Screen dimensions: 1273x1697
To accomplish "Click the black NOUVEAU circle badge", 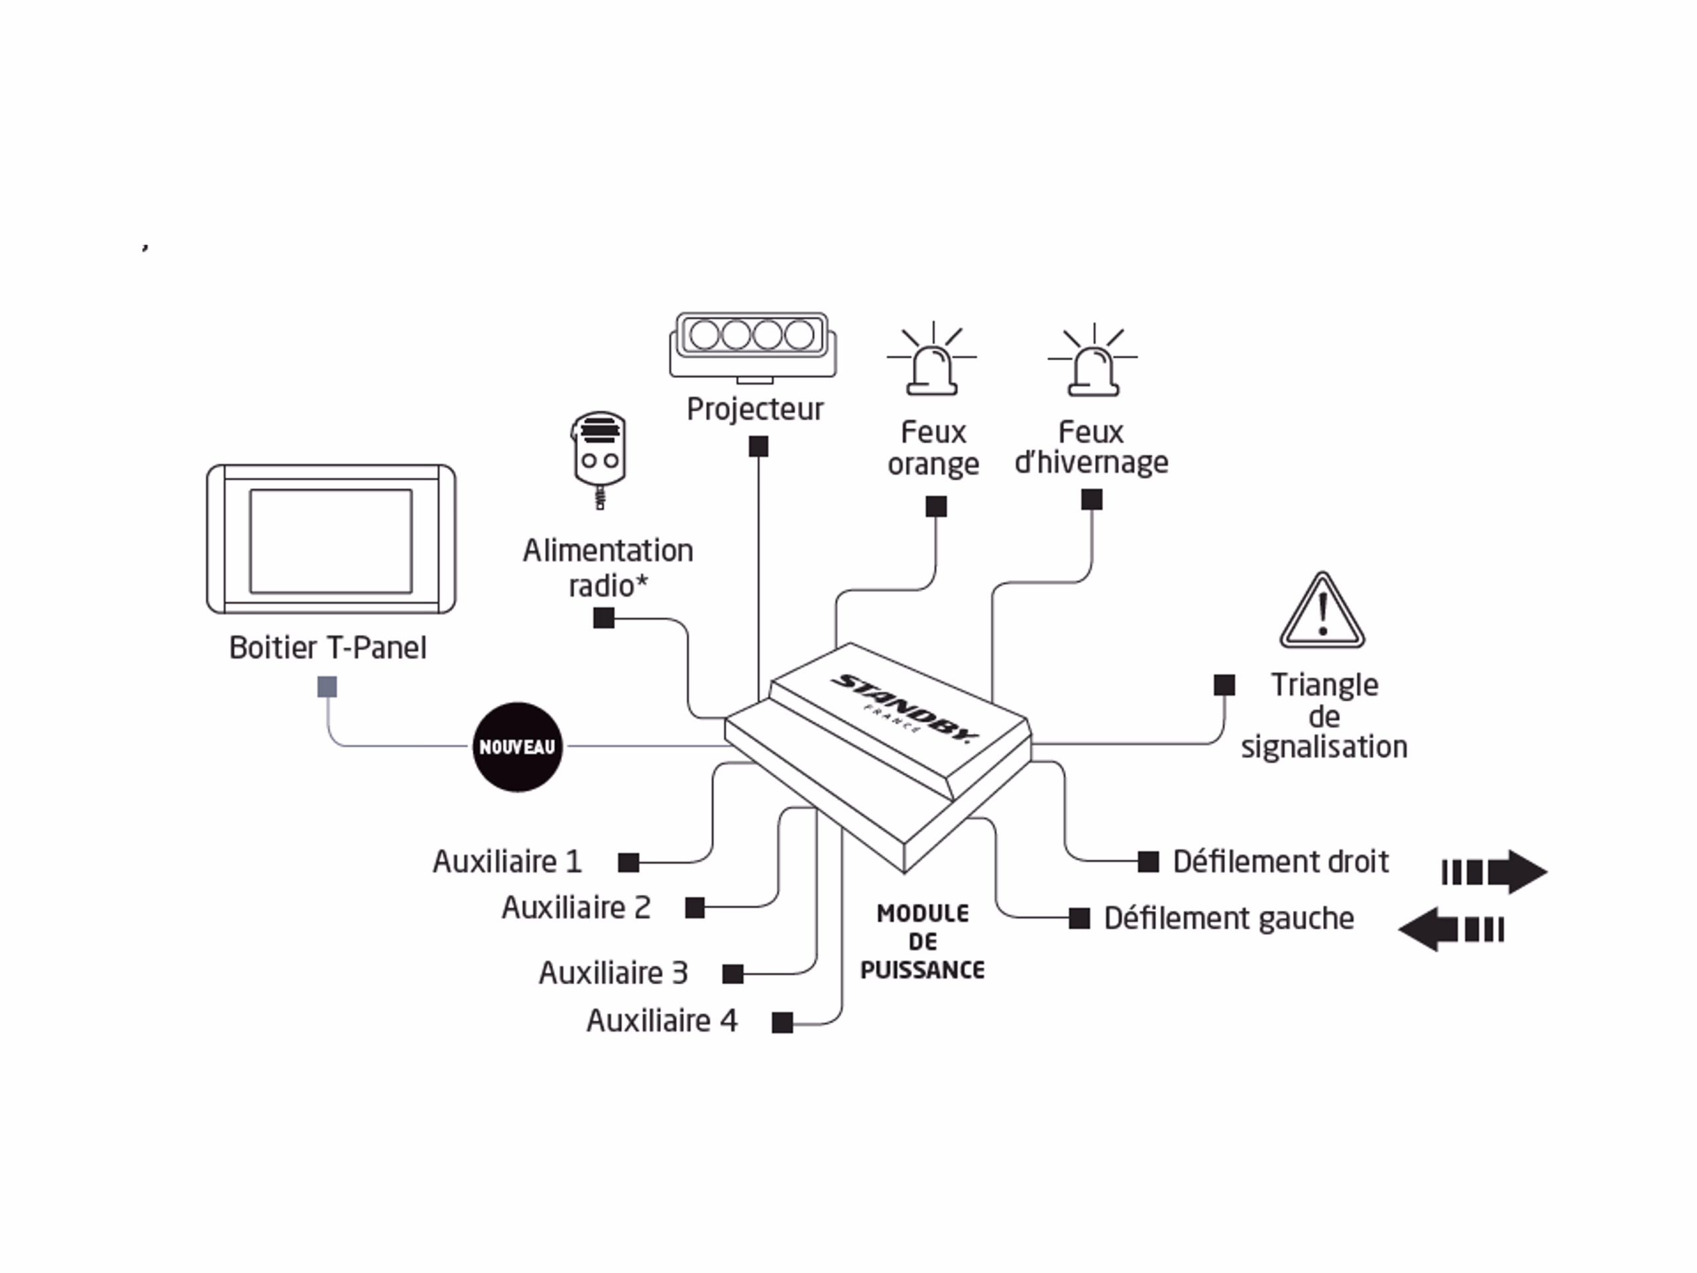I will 517,747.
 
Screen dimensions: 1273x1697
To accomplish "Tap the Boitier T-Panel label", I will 327,648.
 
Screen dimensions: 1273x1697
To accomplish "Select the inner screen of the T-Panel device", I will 331,541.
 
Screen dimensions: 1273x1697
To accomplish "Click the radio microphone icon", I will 599,457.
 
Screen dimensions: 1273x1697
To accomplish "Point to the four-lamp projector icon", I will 752,345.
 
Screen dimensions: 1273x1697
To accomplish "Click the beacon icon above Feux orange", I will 932,361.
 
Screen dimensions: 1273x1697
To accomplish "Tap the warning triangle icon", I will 1322,613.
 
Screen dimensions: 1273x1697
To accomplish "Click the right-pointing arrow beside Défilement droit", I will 1493,872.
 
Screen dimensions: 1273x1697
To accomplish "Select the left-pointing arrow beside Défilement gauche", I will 1450,930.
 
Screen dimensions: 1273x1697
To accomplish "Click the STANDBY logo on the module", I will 906,707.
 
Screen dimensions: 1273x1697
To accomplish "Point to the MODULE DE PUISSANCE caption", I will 923,941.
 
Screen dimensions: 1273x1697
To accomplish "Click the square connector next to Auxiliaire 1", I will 628,863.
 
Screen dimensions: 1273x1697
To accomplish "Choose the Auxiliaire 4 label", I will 662,1021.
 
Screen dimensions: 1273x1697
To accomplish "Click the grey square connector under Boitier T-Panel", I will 327,687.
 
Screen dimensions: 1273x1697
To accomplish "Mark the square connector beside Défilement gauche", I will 1079,918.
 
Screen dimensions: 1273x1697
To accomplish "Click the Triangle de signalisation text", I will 1324,716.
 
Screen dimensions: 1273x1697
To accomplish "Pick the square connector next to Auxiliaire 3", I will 732,974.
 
